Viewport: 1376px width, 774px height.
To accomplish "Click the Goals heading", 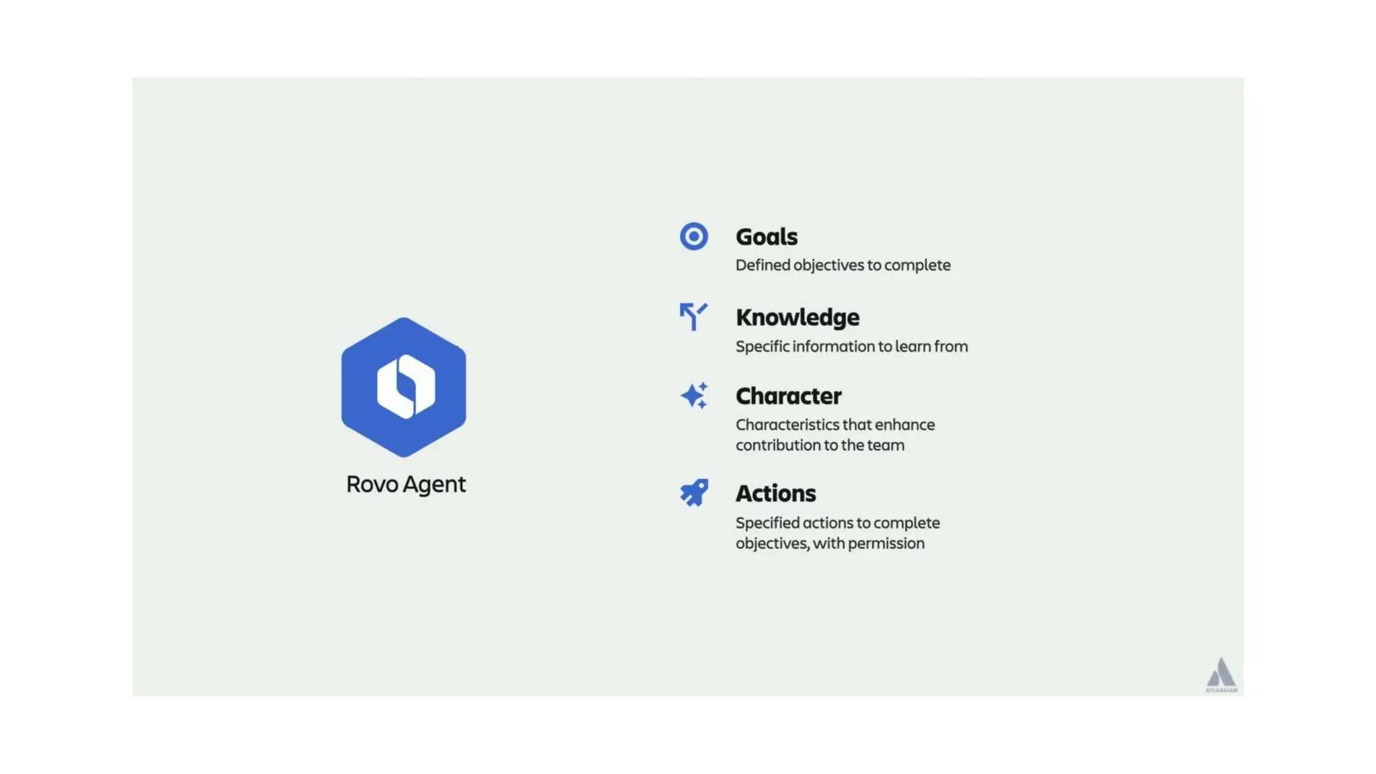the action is [767, 236].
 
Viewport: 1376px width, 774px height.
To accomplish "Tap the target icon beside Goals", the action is [693, 236].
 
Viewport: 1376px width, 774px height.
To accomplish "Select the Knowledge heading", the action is [798, 317].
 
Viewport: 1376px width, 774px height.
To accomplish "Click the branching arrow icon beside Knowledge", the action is [693, 316].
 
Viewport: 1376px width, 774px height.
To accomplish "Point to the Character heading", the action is [788, 396].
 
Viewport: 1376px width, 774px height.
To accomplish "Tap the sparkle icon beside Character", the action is [693, 396].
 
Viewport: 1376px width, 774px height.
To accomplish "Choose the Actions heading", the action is [775, 493].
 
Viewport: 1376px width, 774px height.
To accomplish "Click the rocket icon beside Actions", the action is [693, 492].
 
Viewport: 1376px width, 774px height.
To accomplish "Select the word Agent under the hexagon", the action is [434, 484].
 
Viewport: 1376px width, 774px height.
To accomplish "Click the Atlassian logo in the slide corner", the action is [1221, 675].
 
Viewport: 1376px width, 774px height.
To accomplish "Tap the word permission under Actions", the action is [886, 543].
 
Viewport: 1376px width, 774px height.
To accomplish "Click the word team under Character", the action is [886, 445].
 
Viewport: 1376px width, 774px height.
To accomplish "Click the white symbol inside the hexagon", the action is [406, 386].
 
